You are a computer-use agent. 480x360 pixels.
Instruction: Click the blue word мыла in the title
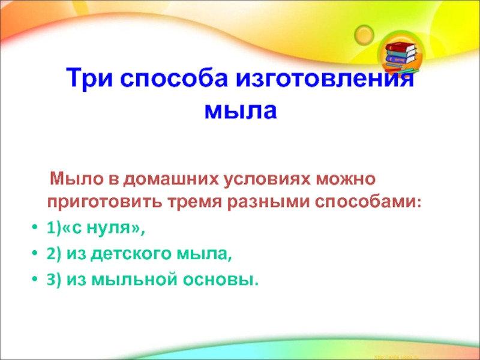241,111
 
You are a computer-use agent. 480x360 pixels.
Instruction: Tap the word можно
346,179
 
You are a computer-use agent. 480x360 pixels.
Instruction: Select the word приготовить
104,203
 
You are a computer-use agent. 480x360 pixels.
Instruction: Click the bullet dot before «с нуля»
35,229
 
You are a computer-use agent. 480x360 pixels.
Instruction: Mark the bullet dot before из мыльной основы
35,280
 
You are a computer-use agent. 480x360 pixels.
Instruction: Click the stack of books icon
401,59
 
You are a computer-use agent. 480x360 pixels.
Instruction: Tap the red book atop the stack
401,48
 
